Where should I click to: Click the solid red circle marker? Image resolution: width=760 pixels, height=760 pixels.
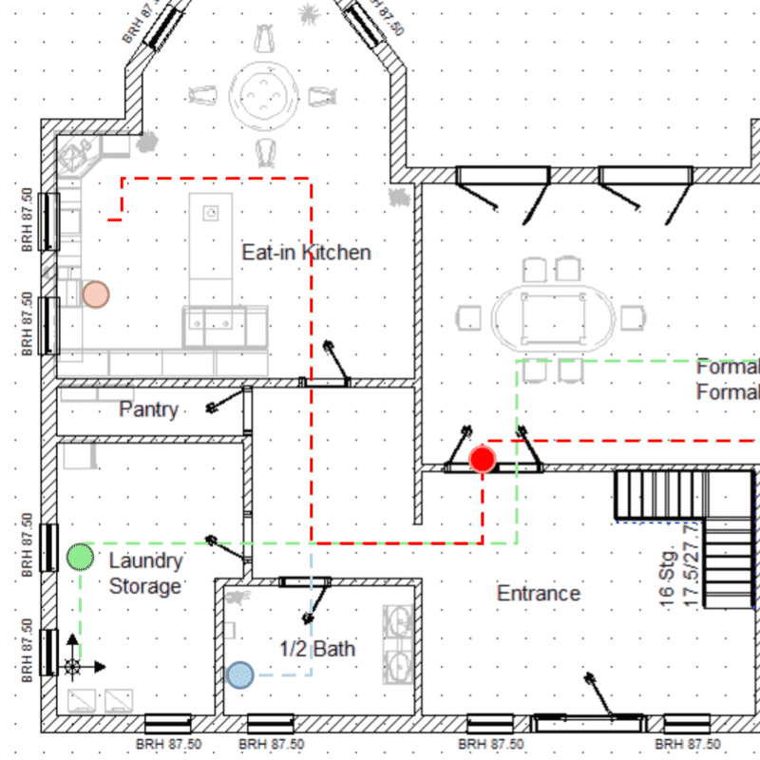click(483, 461)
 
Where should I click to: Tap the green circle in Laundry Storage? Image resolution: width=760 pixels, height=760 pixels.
click(81, 557)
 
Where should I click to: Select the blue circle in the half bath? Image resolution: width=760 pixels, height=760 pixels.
click(240, 674)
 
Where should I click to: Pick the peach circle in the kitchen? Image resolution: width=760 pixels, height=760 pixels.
click(95, 294)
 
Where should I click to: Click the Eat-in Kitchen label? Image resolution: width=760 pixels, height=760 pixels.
click(306, 253)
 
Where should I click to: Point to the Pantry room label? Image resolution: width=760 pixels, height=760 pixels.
click(148, 409)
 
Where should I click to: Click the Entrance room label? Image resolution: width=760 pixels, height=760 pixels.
click(538, 594)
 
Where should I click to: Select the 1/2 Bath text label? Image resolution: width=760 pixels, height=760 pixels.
click(317, 649)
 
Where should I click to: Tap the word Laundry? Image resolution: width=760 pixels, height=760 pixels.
click(145, 560)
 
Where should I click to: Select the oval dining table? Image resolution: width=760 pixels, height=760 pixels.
click(553, 317)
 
